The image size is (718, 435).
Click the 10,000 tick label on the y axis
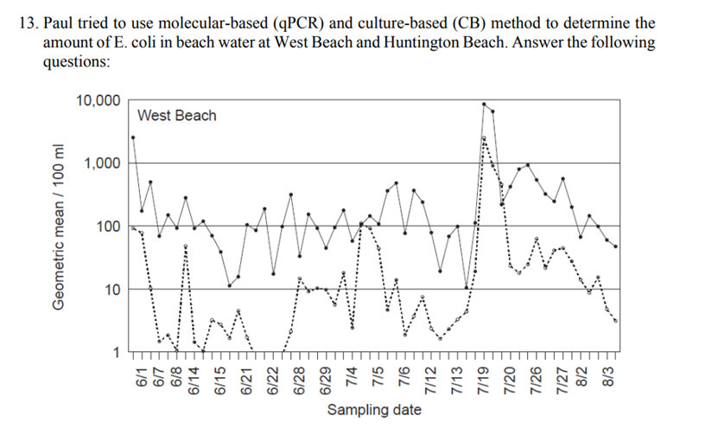98,100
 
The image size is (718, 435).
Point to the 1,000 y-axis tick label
104,163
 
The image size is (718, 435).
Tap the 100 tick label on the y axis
110,227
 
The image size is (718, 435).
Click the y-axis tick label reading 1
118,352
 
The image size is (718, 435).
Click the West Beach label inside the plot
177,116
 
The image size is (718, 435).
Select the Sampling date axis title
374,409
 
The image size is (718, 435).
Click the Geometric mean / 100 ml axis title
59,227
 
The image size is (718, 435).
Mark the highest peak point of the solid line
484,104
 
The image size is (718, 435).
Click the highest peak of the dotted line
484,138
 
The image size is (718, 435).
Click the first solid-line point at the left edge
133,137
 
